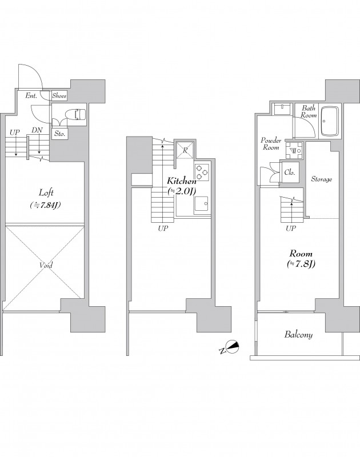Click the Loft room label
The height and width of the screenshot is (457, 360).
tap(46, 193)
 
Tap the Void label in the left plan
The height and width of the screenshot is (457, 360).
tap(46, 265)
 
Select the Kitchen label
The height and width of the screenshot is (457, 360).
tap(182, 181)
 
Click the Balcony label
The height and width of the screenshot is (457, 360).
tap(298, 334)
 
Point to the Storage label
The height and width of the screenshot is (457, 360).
tap(322, 179)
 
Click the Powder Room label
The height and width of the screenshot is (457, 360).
tap(271, 144)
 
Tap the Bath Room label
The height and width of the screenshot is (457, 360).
tap(309, 111)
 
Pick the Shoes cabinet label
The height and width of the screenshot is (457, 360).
tap(59, 95)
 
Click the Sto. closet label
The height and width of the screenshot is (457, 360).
tap(59, 134)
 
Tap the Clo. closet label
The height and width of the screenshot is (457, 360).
tap(290, 173)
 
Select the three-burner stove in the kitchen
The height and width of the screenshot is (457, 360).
tap(202, 173)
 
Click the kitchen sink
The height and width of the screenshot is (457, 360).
tap(201, 205)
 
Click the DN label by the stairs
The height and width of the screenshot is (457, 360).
tap(37, 131)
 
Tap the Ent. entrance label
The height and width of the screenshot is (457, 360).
tap(31, 95)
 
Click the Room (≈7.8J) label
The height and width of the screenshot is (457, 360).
tap(301, 259)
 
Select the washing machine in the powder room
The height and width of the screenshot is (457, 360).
tap(294, 150)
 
